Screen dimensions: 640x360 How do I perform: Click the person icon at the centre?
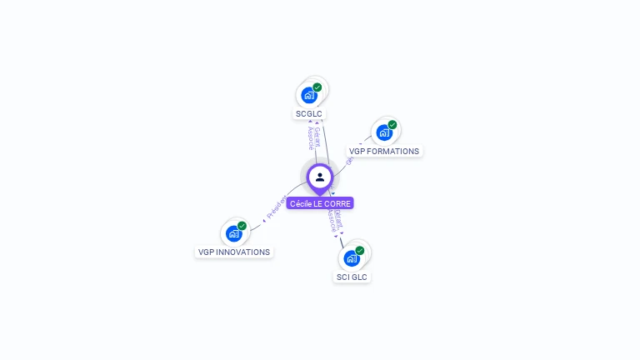[320, 177]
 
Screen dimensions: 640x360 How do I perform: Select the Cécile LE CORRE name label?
[320, 203]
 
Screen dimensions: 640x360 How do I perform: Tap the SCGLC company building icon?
[308, 94]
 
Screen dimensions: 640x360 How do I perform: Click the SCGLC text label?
[308, 114]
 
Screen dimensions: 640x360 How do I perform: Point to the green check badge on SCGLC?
[317, 87]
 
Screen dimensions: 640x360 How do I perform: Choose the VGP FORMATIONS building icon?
[383, 132]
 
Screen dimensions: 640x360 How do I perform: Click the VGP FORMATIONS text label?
[384, 152]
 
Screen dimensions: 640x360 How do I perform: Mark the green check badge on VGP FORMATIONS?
[392, 124]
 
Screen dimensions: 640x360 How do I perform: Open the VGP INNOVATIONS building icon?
[233, 233]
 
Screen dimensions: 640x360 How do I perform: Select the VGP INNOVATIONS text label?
[234, 252]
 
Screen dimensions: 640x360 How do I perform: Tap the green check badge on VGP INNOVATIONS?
[242, 226]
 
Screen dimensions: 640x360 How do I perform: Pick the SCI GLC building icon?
[351, 258]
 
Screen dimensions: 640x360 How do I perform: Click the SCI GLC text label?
[352, 277]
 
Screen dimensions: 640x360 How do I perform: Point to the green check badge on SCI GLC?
[360, 250]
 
